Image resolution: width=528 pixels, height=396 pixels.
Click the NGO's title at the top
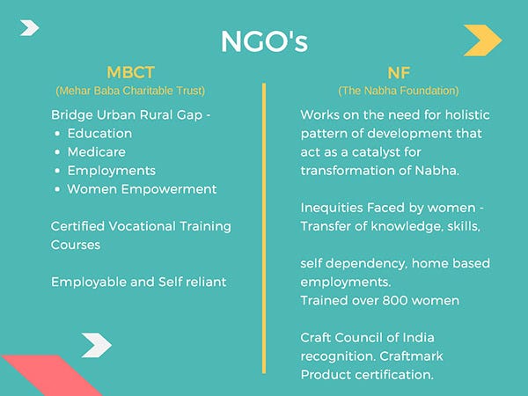(x=264, y=41)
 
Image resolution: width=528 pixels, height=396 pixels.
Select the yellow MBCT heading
(x=130, y=72)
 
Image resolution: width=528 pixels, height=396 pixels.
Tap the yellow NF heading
(x=399, y=73)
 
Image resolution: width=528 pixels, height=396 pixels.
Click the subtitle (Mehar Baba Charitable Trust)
(x=130, y=91)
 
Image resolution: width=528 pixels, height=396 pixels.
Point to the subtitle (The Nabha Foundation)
(x=399, y=91)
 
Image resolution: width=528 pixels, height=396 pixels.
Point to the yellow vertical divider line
(x=264, y=228)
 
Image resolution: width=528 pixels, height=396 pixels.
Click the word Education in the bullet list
(x=99, y=134)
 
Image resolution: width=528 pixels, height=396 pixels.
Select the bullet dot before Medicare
(x=57, y=152)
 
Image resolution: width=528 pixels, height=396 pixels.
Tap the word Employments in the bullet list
(x=112, y=171)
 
